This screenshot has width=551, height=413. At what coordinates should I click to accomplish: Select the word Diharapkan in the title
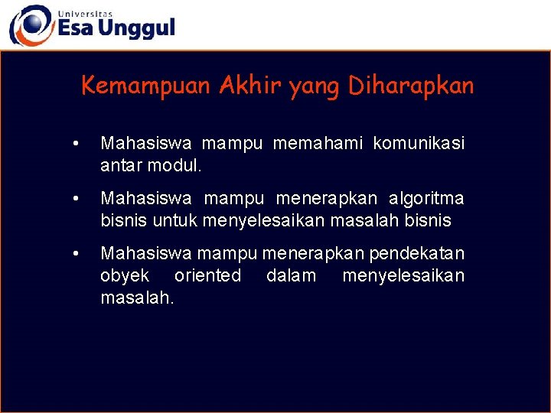[412, 85]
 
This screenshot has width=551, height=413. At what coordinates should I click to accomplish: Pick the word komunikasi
[419, 143]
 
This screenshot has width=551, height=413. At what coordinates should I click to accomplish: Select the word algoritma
[426, 199]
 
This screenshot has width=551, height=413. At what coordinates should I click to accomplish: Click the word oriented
[207, 275]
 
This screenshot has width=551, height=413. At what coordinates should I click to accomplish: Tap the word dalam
[291, 275]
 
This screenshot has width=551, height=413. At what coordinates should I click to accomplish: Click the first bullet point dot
[74, 144]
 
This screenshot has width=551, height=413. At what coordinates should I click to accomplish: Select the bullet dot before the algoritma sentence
[74, 199]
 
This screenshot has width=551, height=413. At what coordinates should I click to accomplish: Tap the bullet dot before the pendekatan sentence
[74, 254]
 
